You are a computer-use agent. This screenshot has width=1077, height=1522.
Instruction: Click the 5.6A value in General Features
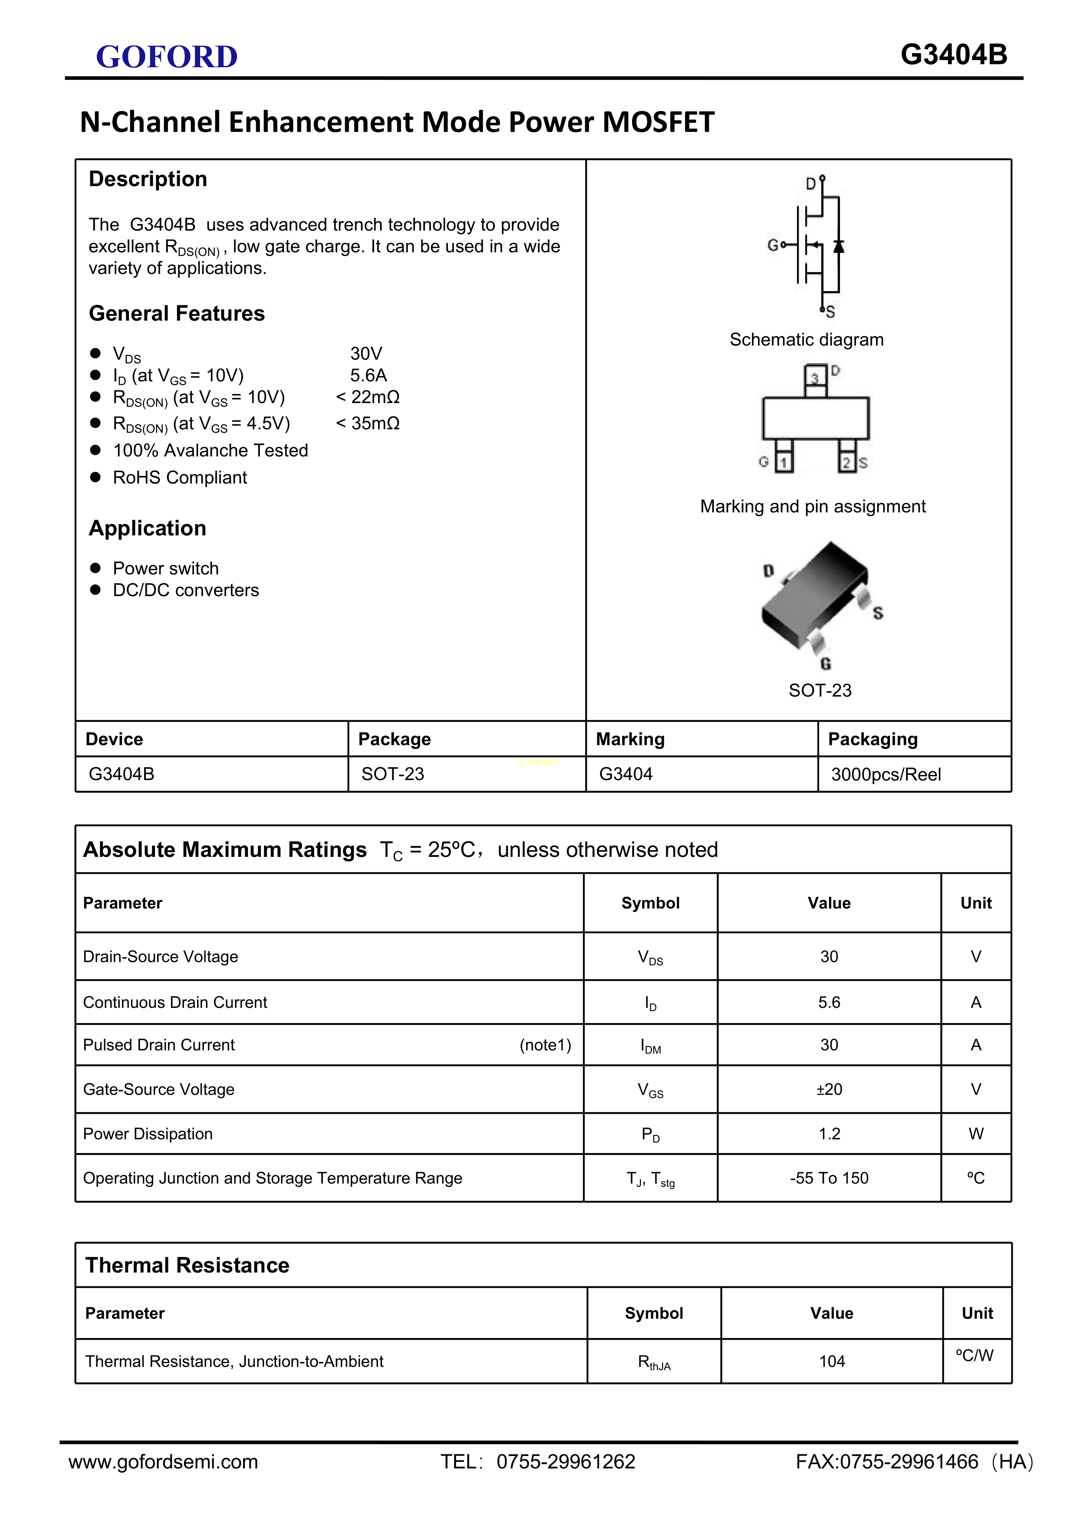(368, 375)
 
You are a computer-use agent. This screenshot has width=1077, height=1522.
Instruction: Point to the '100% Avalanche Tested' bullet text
(210, 451)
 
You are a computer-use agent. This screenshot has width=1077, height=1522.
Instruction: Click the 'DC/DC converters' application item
(186, 590)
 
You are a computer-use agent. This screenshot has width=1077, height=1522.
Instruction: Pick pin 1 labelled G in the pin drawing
(783, 462)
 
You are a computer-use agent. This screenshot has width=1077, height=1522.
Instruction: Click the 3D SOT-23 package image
(820, 597)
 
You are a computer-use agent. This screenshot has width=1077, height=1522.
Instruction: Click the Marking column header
(630, 739)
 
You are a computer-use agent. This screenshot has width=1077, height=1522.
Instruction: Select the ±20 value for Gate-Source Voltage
(829, 1089)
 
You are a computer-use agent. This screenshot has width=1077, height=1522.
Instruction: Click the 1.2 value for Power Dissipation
(829, 1134)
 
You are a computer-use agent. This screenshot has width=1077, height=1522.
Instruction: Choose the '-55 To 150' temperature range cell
(829, 1178)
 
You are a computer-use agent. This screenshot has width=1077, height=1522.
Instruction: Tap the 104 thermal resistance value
(832, 1361)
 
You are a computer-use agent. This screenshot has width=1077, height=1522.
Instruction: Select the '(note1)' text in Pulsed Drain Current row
(545, 1045)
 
